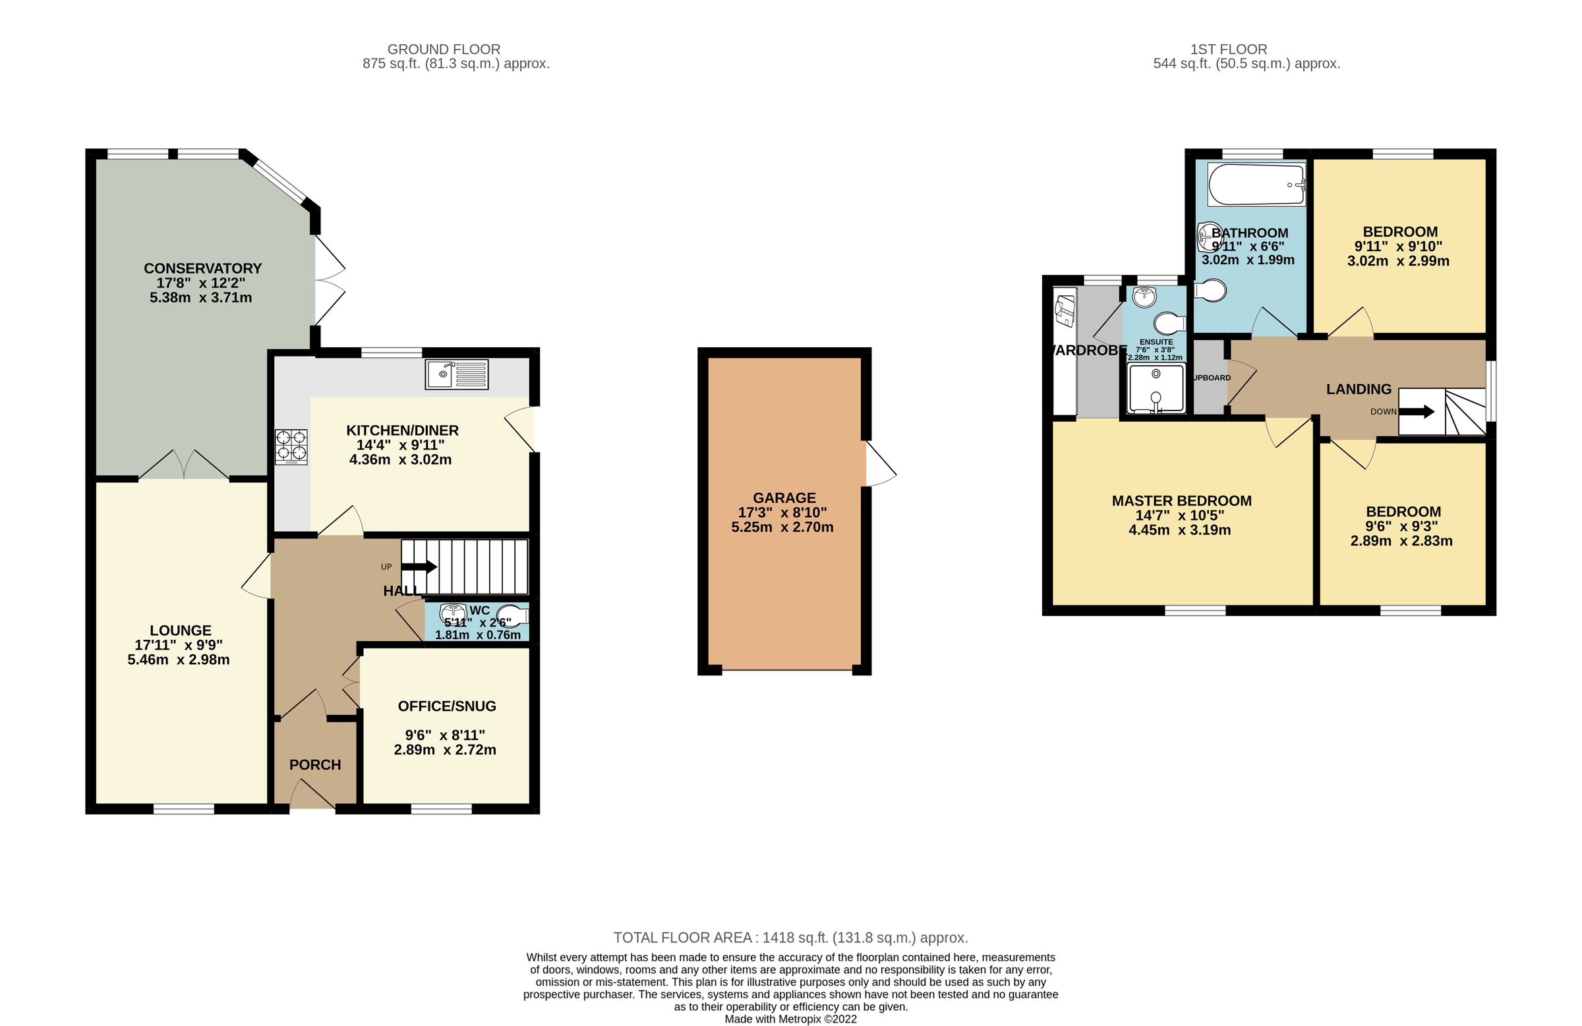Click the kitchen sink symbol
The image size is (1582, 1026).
coord(457,374)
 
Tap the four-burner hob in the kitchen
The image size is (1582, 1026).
coord(292,446)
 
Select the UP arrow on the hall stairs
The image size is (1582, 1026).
coord(419,567)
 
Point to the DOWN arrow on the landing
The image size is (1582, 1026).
coord(1418,411)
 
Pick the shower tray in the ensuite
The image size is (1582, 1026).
coord(1157,388)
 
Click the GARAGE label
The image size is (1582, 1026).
coord(784,498)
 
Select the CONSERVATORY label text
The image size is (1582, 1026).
coord(203,268)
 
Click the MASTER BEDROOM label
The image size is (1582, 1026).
coord(1181,501)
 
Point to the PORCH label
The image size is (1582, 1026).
coord(315,765)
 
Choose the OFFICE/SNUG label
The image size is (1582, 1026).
coord(447,706)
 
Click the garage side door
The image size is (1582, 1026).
coord(879,463)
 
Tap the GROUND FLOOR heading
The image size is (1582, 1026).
coord(444,49)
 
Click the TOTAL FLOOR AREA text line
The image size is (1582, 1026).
coord(790,938)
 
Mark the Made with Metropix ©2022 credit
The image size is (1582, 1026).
coord(790,1019)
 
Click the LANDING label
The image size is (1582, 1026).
coord(1359,389)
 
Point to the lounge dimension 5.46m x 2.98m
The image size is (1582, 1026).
coord(178,660)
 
